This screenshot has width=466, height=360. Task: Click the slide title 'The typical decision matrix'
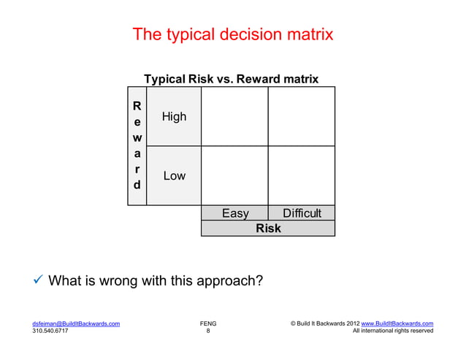click(232, 34)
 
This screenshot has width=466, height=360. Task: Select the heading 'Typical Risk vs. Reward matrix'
click(231, 79)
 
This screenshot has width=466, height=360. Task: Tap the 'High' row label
click(174, 117)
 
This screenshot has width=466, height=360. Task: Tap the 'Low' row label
click(174, 176)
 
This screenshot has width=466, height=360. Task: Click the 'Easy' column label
click(235, 213)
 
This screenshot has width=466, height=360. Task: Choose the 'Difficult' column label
click(302, 213)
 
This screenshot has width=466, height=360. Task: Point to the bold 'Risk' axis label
click(268, 229)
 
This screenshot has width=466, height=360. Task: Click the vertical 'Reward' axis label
click(137, 145)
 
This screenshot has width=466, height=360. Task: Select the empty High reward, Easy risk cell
click(234, 116)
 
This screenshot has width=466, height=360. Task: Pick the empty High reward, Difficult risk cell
click(301, 116)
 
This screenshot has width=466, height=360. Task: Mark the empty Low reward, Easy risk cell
click(234, 175)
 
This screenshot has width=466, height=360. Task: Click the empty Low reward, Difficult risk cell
click(301, 175)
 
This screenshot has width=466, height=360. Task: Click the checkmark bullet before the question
click(38, 280)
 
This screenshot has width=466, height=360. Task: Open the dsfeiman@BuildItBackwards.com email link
click(76, 323)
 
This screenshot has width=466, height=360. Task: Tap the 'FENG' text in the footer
click(207, 323)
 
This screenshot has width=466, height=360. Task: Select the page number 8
click(207, 331)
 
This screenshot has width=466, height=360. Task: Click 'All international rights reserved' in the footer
click(393, 331)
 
